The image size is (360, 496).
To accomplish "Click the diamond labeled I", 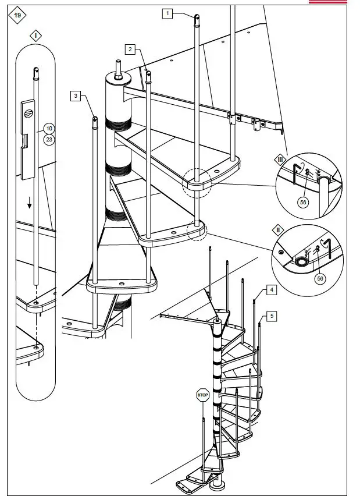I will pos(36,36).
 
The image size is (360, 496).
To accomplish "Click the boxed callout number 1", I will pos(167,13).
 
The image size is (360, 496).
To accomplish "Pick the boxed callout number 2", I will pos(131,49).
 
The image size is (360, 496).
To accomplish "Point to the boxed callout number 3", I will pos(76,97).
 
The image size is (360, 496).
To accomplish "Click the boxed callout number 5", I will pos(271,316).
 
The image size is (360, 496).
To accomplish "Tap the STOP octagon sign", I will pos(202,395).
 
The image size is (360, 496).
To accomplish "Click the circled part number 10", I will pos(49,128).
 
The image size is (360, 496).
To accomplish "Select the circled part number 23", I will pos(49,139).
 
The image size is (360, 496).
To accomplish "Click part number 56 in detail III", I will pos(302,201).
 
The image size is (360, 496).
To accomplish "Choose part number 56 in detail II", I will pos(319,279).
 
